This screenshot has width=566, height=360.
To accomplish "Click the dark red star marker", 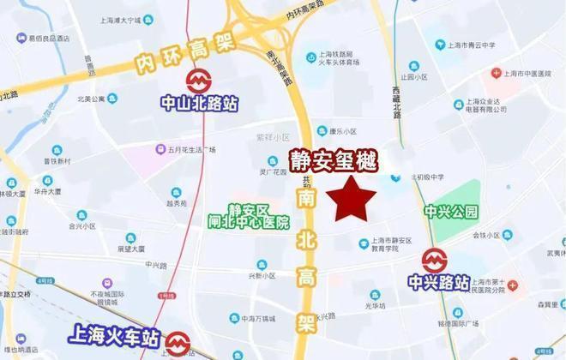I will (x=355, y=200).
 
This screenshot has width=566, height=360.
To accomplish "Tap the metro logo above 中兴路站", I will (x=434, y=260).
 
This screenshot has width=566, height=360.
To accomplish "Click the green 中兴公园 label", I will (x=450, y=211).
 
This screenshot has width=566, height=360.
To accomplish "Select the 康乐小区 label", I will (x=346, y=131).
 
